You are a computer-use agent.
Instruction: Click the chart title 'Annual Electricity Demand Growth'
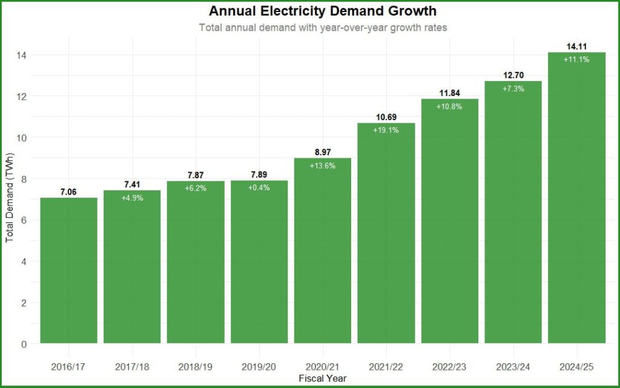pos(322,11)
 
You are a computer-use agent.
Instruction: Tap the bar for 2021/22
pos(386,242)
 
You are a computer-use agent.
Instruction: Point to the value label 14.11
pos(576,47)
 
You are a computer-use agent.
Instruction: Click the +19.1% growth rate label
pos(386,130)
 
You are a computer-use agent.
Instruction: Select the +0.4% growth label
pos(259,187)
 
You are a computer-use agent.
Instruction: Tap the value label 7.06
pos(69,192)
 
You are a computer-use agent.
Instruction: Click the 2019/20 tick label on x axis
pos(259,367)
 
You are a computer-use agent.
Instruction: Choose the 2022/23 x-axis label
pos(449,367)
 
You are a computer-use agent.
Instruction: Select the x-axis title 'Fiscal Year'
pos(322,378)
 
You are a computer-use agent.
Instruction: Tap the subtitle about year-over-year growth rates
pos(322,28)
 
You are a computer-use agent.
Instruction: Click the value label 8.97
pos(322,152)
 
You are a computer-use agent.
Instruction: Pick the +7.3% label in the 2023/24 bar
pos(513,88)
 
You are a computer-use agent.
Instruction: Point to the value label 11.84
pos(449,93)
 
